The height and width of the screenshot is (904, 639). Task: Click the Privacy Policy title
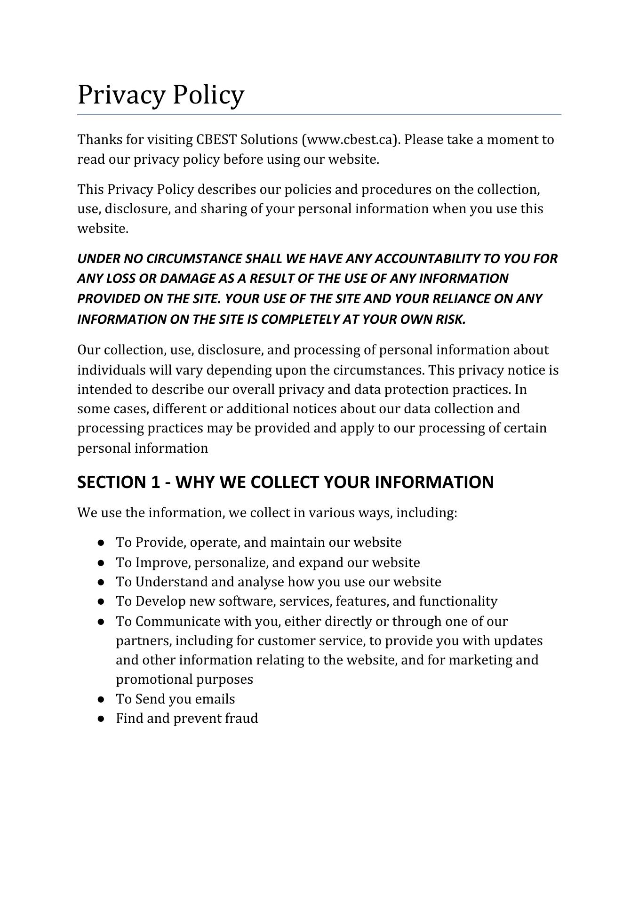(160, 95)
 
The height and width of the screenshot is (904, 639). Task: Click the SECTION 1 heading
(285, 482)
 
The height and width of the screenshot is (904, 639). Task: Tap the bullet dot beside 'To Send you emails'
(101, 700)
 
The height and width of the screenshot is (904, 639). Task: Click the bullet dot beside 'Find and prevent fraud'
(101, 719)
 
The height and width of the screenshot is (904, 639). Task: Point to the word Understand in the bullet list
(171, 582)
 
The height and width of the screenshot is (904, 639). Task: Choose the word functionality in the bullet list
(458, 601)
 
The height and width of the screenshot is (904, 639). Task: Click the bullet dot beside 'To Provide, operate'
(101, 543)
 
